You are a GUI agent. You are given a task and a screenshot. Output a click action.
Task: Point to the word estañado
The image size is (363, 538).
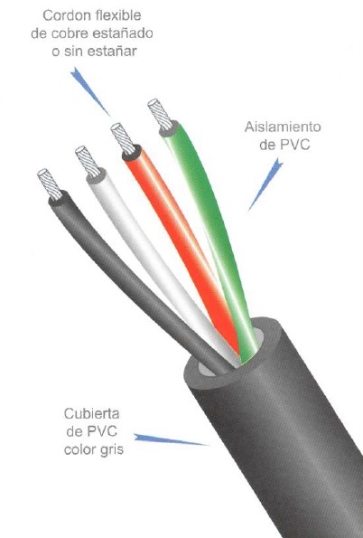124,33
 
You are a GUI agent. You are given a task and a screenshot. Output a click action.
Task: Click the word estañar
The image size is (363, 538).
113,52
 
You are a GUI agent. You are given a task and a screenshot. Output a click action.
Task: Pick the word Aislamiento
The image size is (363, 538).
283,127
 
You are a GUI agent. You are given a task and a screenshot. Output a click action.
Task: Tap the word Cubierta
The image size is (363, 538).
91,413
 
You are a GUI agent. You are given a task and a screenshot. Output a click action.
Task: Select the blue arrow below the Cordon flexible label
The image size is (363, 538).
89,91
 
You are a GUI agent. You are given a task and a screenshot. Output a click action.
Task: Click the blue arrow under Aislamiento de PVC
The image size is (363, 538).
265,184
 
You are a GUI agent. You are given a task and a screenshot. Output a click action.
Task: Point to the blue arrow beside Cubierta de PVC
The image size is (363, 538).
171,439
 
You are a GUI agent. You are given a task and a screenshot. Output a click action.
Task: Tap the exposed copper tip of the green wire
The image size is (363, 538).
160,115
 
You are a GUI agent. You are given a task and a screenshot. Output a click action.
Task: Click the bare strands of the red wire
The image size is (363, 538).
123,138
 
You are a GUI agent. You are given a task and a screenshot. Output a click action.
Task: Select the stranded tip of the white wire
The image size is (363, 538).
88,161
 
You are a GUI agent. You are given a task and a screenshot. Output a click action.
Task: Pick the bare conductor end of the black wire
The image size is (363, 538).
50,184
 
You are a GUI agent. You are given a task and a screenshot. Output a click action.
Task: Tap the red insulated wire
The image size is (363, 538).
178,233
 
